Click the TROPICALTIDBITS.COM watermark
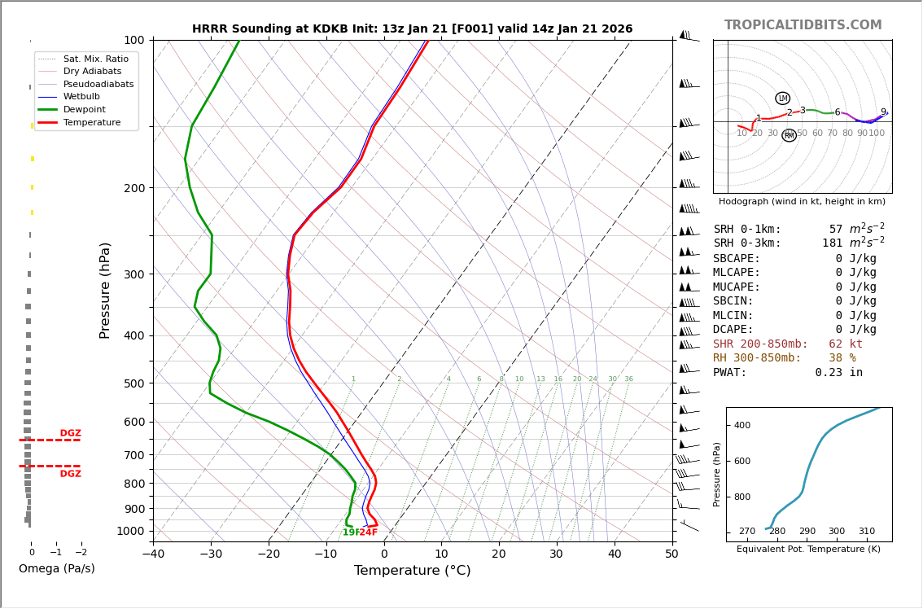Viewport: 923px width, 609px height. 803,25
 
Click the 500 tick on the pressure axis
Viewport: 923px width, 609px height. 133,383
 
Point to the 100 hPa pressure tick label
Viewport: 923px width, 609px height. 133,41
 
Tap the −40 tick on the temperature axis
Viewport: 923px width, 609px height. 153,554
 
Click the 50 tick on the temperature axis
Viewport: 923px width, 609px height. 672,554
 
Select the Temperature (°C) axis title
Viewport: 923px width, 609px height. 412,571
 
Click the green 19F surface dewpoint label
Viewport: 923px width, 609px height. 351,532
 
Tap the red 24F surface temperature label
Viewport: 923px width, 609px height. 369,532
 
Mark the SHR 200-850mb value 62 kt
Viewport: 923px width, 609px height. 845,344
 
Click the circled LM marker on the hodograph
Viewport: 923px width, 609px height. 782,99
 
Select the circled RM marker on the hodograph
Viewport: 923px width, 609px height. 789,135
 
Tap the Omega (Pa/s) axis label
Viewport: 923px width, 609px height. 57,569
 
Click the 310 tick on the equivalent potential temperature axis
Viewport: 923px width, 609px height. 867,532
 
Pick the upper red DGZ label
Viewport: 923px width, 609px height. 70,433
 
